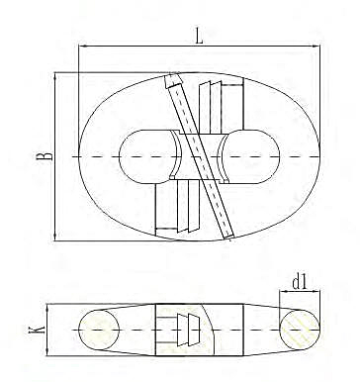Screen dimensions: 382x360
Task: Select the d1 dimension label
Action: click(x=300, y=283)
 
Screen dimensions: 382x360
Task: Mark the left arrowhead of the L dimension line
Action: click(x=81, y=47)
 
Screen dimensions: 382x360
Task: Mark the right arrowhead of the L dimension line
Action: click(x=317, y=47)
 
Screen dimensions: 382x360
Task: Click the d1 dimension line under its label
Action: click(x=300, y=294)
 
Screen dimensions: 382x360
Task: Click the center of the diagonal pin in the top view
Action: click(x=202, y=157)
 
